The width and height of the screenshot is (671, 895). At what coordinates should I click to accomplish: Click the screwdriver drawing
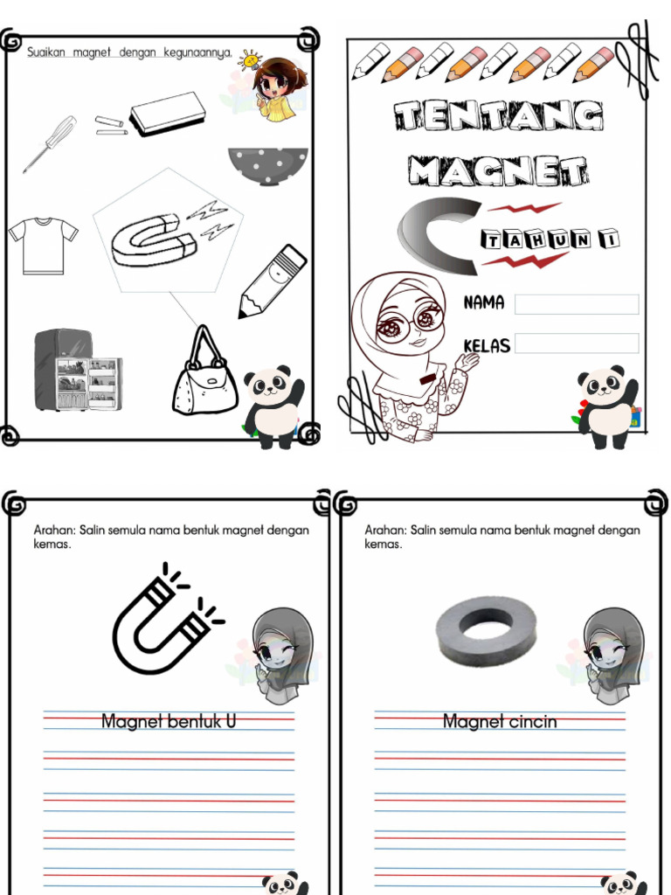click(x=49, y=143)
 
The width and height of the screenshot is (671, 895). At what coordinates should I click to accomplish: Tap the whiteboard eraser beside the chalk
click(x=167, y=114)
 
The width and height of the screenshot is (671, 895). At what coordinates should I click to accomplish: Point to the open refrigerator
click(x=77, y=371)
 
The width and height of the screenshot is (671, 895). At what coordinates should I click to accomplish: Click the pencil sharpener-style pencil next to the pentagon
click(x=273, y=281)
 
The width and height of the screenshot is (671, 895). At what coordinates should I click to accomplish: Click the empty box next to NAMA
click(x=577, y=304)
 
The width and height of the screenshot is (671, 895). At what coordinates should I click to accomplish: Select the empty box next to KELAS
click(x=577, y=343)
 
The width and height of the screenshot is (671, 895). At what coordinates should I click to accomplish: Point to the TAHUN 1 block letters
click(x=549, y=238)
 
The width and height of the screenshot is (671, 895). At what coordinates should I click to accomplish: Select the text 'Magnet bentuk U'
click(x=169, y=722)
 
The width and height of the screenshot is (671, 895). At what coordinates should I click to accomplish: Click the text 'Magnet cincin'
click(x=499, y=722)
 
